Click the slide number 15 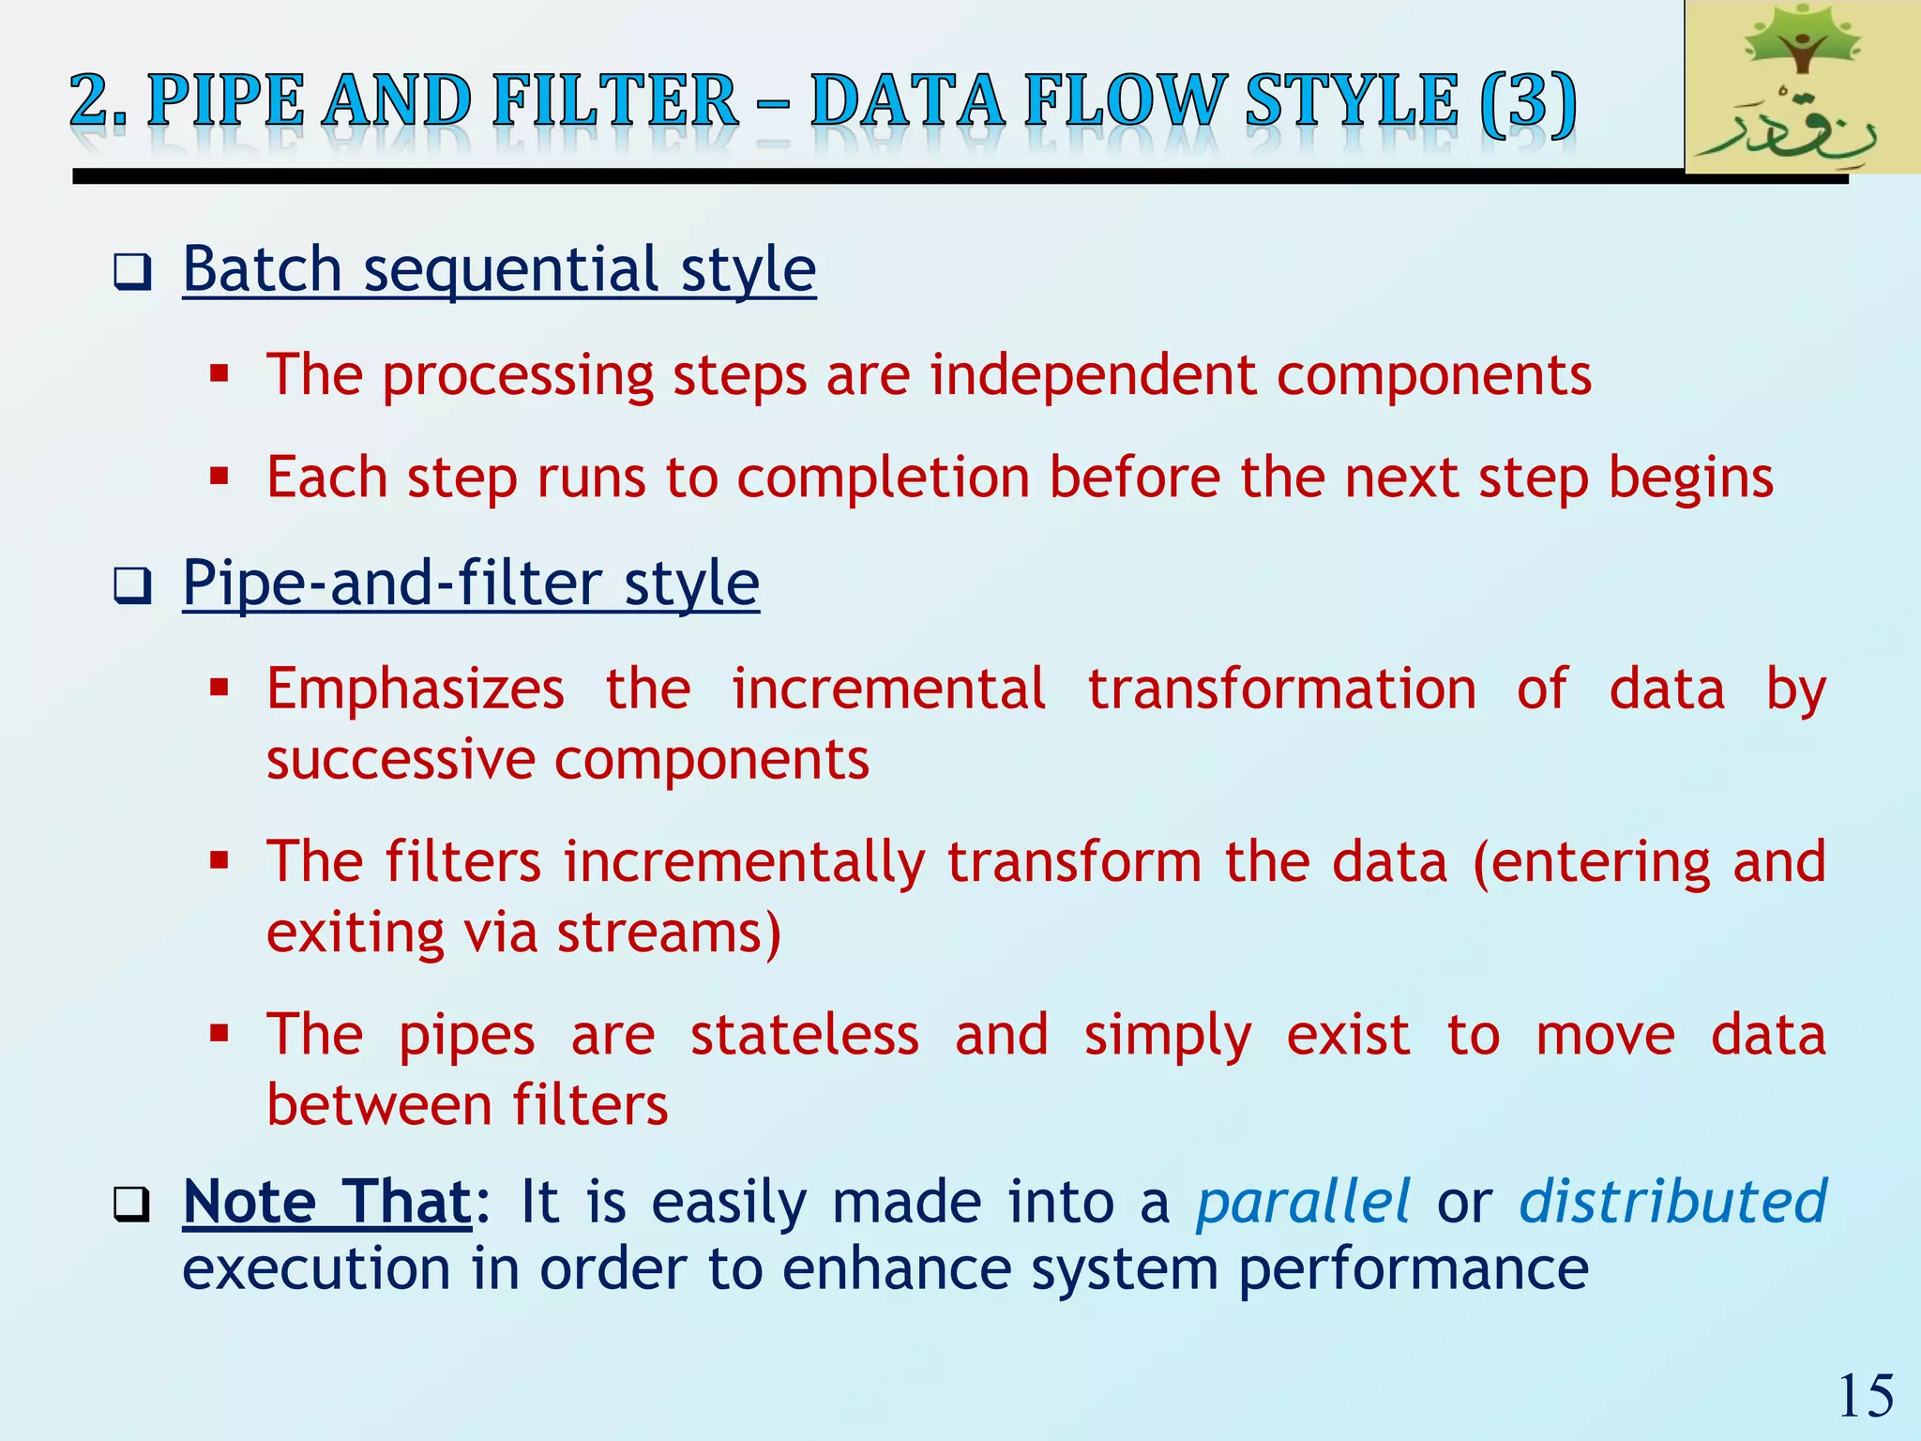1866,1396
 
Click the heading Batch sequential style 499,270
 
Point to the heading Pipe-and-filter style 471,584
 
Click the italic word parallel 1303,1202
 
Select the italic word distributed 1672,1202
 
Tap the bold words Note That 327,1202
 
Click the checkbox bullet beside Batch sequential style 132,273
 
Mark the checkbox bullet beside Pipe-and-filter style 132,586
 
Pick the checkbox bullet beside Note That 132,1205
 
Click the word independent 1092,375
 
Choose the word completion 883,478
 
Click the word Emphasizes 416,690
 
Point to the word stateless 805,1035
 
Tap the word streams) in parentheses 669,933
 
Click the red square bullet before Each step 219,477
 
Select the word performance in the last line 1413,1270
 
